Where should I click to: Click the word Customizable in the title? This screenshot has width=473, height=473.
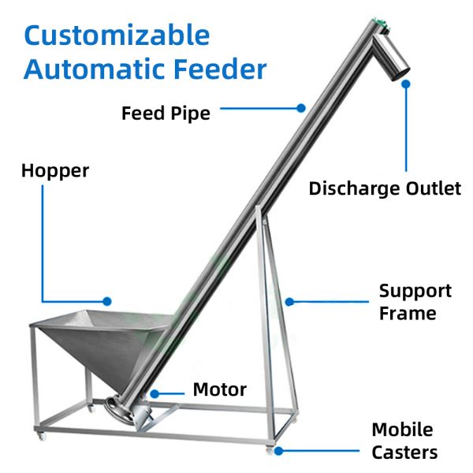117,35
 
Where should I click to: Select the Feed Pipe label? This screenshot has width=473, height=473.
166,113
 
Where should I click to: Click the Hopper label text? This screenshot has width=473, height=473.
55,170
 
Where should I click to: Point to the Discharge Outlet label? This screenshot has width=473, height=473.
385,188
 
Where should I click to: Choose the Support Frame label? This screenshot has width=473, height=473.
415,302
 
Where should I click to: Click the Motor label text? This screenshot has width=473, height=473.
219,389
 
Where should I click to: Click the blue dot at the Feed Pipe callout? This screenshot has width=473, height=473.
302,107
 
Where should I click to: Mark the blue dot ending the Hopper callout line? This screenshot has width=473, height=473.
108,300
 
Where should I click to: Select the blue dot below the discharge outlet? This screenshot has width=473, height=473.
407,82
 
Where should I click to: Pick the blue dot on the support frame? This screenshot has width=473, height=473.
290,300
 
